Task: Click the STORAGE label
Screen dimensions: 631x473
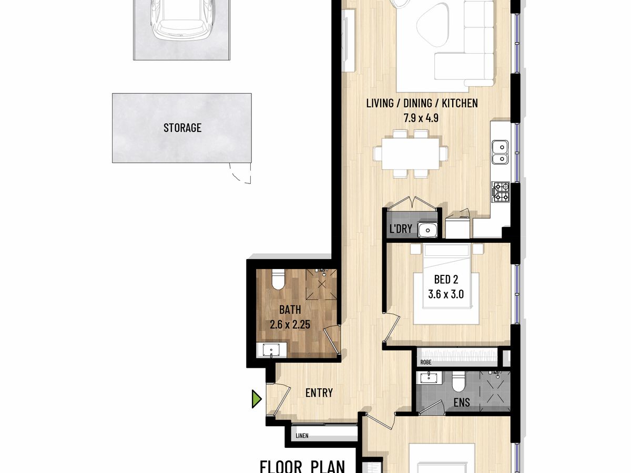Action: tap(182, 128)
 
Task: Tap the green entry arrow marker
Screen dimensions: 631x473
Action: tap(257, 398)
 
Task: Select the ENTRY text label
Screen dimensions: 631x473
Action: tap(319, 393)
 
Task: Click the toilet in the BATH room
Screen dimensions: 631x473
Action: tap(278, 280)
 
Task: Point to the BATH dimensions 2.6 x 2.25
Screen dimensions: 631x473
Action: tap(290, 324)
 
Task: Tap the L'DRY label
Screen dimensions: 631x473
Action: tap(401, 229)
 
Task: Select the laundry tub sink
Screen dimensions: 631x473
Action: tap(428, 230)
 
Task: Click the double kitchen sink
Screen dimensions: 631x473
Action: tap(500, 152)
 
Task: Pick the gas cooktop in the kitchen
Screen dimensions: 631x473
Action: tap(500, 192)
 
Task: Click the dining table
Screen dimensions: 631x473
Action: tap(411, 153)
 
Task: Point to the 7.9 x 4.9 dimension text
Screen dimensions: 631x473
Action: tap(421, 118)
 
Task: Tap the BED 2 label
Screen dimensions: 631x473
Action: tap(446, 279)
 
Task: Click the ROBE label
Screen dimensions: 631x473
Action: tap(426, 363)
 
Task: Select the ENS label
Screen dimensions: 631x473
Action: tap(462, 403)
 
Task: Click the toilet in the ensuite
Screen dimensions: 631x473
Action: tap(458, 382)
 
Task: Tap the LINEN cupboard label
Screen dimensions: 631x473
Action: tap(302, 436)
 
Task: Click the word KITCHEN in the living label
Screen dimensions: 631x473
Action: tap(460, 103)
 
